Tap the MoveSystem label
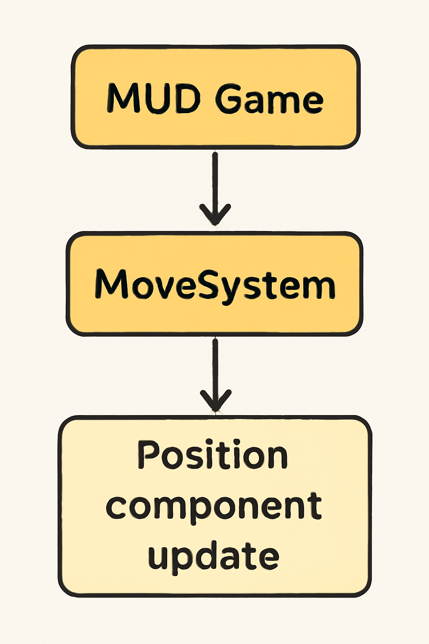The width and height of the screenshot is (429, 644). coord(214,285)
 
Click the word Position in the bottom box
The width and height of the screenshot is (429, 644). coord(212,455)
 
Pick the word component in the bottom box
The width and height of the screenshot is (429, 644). coord(214,506)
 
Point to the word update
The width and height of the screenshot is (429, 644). coord(213,556)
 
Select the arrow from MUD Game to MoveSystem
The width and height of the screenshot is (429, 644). coord(215,184)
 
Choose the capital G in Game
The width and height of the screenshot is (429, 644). coord(230,99)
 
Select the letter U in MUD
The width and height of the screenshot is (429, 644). coord(154,99)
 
